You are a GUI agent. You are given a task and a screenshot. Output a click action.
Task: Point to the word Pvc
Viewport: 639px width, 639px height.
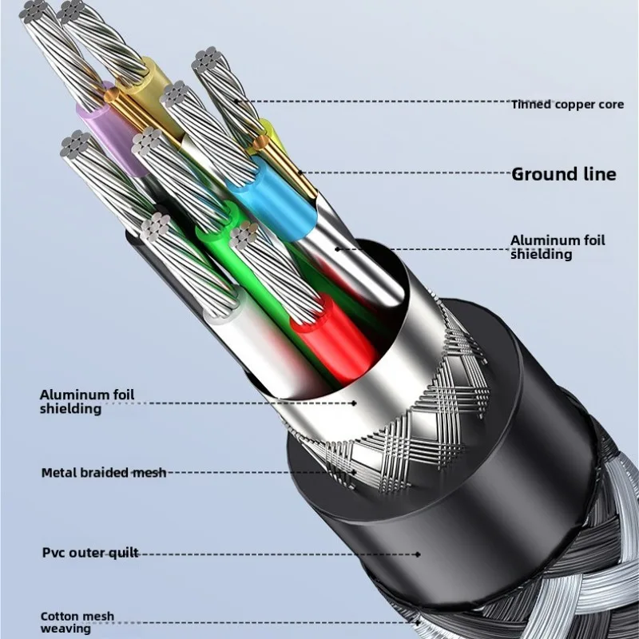[x=53, y=553]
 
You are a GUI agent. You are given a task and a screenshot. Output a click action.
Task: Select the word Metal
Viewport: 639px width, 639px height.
[x=58, y=473]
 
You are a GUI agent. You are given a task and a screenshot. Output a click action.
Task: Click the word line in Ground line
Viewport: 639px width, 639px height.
[x=598, y=174]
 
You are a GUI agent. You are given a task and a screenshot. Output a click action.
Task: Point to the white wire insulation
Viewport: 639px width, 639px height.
[x=240, y=335]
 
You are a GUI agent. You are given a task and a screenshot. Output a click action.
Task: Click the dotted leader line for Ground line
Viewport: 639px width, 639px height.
[x=399, y=173]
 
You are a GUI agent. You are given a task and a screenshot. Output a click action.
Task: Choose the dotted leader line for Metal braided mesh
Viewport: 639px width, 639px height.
[x=256, y=473]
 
